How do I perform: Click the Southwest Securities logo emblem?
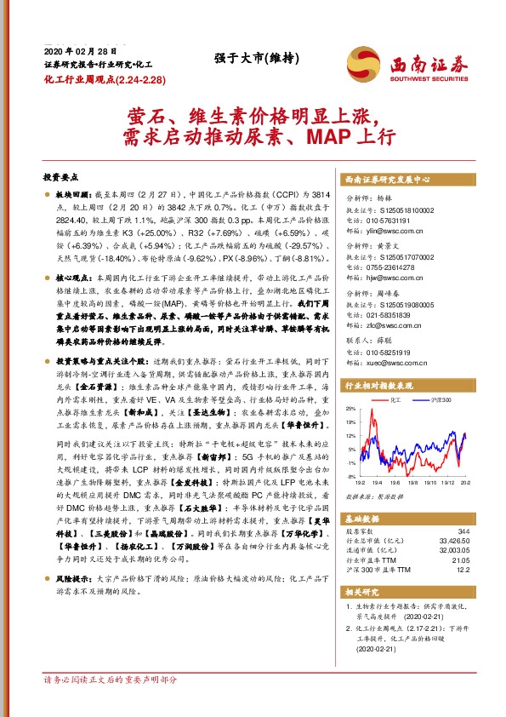361,62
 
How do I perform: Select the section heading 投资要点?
60,177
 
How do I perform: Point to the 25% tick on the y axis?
350,410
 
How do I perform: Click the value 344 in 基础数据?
463,530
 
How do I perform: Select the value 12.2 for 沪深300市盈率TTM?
462,570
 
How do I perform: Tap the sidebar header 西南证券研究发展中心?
387,181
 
